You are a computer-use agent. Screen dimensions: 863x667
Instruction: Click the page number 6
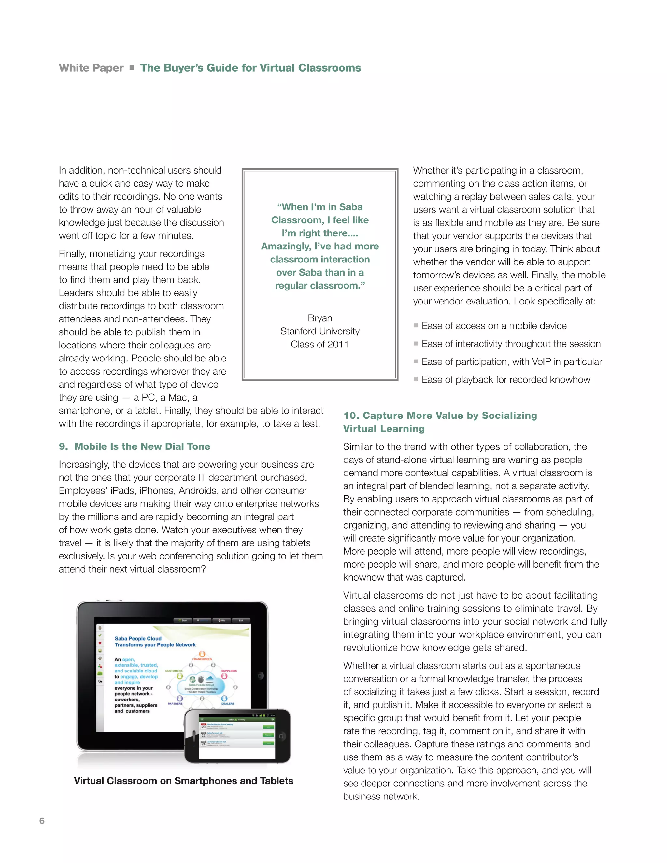click(42, 821)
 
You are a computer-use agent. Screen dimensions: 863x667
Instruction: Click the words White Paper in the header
click(91, 68)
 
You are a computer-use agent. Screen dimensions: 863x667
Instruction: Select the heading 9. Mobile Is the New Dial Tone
click(135, 446)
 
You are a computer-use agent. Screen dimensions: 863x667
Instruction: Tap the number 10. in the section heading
click(351, 415)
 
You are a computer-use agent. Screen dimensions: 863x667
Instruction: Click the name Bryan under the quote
click(320, 318)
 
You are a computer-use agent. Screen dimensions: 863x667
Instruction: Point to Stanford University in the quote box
click(320, 331)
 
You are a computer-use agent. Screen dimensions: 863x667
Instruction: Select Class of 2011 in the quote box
click(320, 344)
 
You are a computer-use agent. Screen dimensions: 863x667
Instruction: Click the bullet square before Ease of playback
click(416, 379)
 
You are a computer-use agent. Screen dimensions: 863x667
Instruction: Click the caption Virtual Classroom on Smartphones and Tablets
click(183, 781)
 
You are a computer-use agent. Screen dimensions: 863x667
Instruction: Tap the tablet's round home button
click(260, 676)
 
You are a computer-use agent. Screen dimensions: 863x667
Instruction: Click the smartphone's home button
click(281, 736)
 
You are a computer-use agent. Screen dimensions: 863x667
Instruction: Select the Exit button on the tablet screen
click(241, 620)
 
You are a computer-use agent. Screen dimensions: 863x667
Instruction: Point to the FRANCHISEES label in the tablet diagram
click(202, 659)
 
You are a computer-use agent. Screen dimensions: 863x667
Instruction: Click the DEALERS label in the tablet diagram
click(228, 704)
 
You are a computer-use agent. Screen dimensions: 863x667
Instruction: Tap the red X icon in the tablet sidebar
click(100, 643)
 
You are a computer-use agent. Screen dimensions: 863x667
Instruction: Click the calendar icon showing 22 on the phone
click(204, 735)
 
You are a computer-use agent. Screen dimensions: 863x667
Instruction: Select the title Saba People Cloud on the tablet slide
click(138, 638)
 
